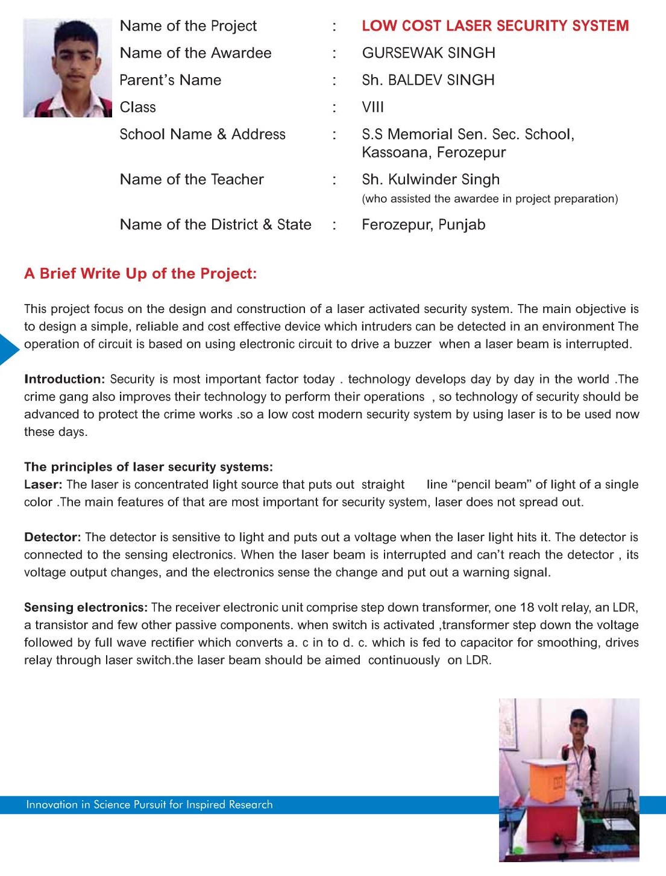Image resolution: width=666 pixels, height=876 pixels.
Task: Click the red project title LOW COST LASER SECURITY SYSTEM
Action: click(x=495, y=26)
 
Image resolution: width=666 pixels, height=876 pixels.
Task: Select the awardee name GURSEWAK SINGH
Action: click(x=429, y=53)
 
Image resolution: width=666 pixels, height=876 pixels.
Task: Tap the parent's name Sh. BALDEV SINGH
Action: click(x=428, y=80)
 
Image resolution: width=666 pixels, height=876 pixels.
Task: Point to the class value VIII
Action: click(x=372, y=107)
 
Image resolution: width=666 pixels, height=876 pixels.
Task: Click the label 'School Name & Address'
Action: click(x=203, y=134)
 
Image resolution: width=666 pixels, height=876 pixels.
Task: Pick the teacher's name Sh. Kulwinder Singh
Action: click(x=430, y=179)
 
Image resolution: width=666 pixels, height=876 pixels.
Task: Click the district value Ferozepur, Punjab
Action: click(x=423, y=225)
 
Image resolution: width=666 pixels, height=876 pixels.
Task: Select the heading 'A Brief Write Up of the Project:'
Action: click(x=140, y=274)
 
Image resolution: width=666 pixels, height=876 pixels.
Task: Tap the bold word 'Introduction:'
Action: click(x=64, y=379)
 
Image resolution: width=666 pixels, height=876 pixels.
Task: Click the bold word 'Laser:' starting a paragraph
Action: click(x=43, y=485)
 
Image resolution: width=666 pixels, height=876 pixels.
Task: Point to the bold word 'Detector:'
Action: click(x=52, y=537)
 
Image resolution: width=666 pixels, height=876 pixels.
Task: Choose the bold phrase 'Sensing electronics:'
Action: click(x=86, y=607)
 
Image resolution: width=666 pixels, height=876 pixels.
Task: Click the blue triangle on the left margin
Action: click(x=8, y=349)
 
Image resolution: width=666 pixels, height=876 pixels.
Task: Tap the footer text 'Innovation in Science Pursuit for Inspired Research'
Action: click(x=149, y=805)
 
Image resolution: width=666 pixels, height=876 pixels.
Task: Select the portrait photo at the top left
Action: click(x=68, y=68)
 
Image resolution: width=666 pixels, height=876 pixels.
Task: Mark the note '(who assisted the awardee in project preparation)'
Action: click(x=489, y=199)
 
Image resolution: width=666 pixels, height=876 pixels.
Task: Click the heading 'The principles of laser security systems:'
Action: click(x=148, y=467)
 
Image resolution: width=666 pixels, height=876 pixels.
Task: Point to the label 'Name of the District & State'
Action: click(x=215, y=225)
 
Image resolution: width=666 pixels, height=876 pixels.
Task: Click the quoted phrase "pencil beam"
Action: click(x=491, y=485)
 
